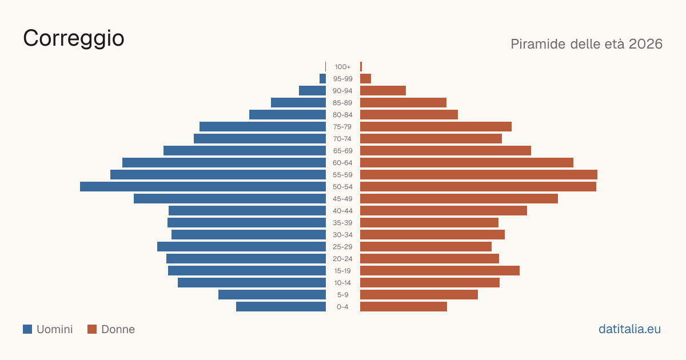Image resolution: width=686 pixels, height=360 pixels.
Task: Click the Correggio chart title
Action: [x=74, y=39]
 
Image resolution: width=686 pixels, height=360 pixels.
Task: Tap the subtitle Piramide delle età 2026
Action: [x=587, y=44]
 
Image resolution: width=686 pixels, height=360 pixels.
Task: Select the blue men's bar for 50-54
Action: [x=203, y=186]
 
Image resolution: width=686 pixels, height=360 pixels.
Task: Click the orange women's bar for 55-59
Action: [x=478, y=174]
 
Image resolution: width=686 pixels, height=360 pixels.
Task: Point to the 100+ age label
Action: [x=342, y=67]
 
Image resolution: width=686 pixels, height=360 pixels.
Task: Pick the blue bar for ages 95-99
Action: [x=322, y=79]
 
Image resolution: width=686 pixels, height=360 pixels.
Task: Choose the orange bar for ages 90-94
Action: [x=383, y=91]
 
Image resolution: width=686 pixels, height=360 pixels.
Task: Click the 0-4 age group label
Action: [x=342, y=307]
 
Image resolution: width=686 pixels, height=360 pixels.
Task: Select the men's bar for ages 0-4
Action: [x=281, y=306]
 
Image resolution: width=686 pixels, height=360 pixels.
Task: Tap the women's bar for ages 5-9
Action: [x=419, y=294]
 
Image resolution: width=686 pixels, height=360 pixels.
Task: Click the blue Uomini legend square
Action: [x=27, y=329]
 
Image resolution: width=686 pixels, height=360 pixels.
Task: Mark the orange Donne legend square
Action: [x=92, y=329]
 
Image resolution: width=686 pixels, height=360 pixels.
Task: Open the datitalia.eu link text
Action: [x=629, y=329]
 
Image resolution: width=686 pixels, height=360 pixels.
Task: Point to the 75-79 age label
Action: [x=342, y=127]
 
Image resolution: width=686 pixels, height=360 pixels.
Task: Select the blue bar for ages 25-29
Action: [x=241, y=246]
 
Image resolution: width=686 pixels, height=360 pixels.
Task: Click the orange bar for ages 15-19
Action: [x=440, y=271]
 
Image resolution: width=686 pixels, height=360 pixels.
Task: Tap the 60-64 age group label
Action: [x=342, y=162]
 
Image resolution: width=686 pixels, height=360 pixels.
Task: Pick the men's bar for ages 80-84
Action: [x=288, y=114]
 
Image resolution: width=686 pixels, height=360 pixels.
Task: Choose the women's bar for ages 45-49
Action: [x=459, y=198]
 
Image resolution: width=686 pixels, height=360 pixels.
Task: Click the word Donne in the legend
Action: [x=118, y=329]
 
